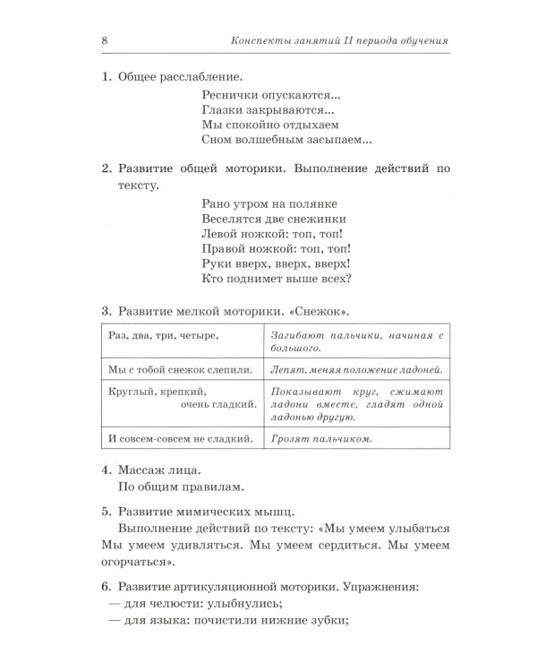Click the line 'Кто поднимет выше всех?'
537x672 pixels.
coord(276,279)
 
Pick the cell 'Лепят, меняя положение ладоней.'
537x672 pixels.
coord(356,369)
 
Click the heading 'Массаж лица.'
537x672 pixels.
coord(159,470)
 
